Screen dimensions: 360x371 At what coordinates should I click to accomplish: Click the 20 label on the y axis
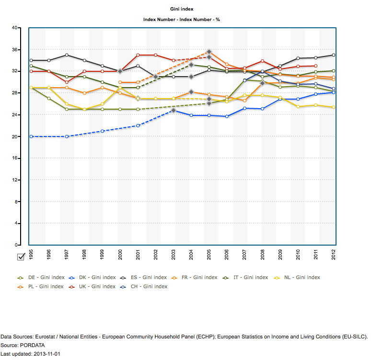click(x=14, y=136)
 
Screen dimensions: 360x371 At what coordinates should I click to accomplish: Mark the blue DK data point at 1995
click(x=31, y=136)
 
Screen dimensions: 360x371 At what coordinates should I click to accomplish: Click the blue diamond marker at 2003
click(x=174, y=110)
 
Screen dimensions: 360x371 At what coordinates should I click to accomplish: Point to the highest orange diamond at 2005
click(x=209, y=51)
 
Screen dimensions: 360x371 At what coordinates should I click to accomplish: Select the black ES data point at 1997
click(x=67, y=55)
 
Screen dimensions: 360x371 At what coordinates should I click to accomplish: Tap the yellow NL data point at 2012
click(x=333, y=107)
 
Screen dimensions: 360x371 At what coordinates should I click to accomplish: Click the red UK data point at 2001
click(x=138, y=55)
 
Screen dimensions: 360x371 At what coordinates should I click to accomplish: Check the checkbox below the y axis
click(x=21, y=257)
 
